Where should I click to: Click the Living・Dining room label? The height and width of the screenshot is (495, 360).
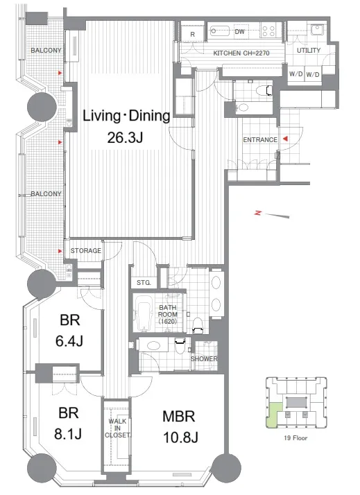tap(126, 116)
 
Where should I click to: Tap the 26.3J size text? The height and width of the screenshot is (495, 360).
tap(125, 137)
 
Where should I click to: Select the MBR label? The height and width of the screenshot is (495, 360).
tap(178, 417)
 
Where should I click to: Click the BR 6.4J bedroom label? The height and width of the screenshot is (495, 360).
tap(69, 331)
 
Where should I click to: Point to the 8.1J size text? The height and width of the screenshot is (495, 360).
tap(68, 434)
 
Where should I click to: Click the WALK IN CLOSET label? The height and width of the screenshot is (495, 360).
tap(117, 428)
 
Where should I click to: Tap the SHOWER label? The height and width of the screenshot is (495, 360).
tap(204, 359)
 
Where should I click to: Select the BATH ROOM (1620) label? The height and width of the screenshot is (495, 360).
tap(167, 315)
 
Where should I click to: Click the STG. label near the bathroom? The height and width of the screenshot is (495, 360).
tap(144, 283)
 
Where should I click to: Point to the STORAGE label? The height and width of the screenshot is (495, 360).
tap(86, 251)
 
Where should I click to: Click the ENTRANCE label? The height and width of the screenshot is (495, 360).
tap(260, 139)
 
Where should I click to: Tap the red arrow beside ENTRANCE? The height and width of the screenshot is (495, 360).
tap(286, 139)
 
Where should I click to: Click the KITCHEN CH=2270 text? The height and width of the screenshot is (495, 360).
tap(241, 53)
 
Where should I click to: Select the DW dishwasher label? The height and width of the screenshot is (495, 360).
tap(240, 32)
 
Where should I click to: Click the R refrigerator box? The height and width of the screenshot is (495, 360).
tap(193, 34)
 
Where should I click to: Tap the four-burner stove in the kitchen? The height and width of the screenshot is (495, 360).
tap(268, 31)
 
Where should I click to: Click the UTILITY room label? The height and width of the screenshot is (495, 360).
tap(309, 50)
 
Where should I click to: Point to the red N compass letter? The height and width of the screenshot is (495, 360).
tap(258, 213)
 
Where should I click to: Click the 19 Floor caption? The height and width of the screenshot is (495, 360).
tap(295, 438)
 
